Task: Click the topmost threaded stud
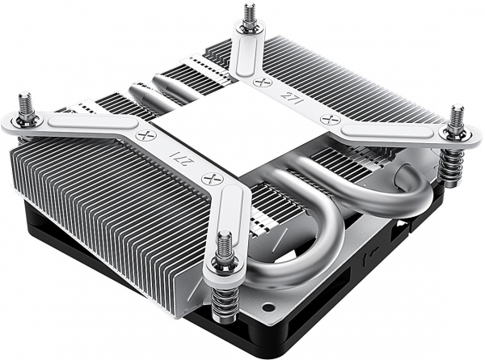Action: click(250, 16)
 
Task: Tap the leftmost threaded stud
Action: click(26, 106)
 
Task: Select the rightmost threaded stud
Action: click(458, 118)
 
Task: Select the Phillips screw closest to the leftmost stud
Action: click(146, 135)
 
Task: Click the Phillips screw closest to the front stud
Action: click(213, 179)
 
